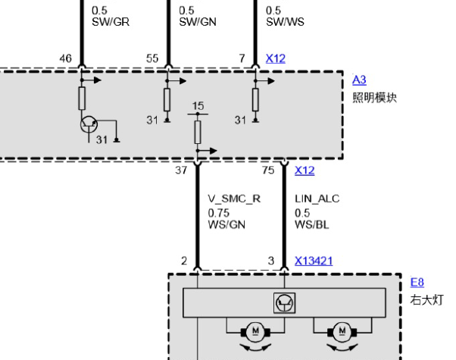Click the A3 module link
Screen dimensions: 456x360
point(359,80)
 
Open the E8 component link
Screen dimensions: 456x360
point(417,282)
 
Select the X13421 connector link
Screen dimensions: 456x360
point(314,261)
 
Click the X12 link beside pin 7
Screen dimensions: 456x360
point(276,58)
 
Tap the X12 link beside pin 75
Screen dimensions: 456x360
point(305,171)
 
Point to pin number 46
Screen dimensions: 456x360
point(65,58)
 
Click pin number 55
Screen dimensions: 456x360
point(152,58)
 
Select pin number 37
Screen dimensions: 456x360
point(181,171)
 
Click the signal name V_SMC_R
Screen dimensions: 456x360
point(234,199)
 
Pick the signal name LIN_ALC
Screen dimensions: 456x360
point(317,199)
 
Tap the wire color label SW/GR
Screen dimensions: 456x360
point(111,22)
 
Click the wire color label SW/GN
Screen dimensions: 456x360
point(198,22)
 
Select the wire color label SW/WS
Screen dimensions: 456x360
point(285,22)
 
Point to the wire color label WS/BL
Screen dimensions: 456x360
point(312,224)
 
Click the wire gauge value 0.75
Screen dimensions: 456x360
point(219,213)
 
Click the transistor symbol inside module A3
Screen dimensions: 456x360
point(89,124)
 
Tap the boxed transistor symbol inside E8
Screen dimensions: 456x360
point(284,303)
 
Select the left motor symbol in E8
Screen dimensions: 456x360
point(255,332)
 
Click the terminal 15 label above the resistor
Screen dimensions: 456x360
point(198,106)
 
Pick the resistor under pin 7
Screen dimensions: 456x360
point(255,100)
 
